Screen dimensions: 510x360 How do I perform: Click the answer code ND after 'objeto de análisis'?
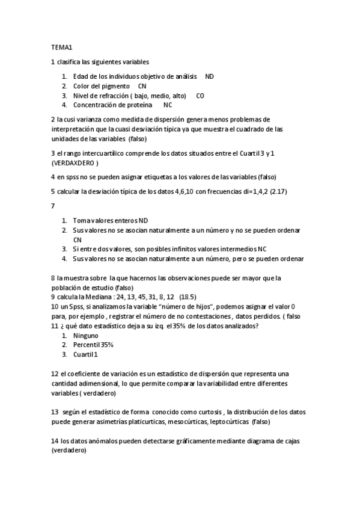click(x=209, y=77)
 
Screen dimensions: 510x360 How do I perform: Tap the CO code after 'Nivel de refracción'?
click(x=200, y=95)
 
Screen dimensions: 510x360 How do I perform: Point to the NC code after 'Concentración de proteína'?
click(x=168, y=105)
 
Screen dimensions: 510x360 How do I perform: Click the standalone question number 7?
click(x=53, y=206)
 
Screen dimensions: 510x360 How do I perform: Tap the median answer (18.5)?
click(x=188, y=296)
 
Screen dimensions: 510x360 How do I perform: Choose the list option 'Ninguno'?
click(x=85, y=336)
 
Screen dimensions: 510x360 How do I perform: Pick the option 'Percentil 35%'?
click(x=93, y=345)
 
